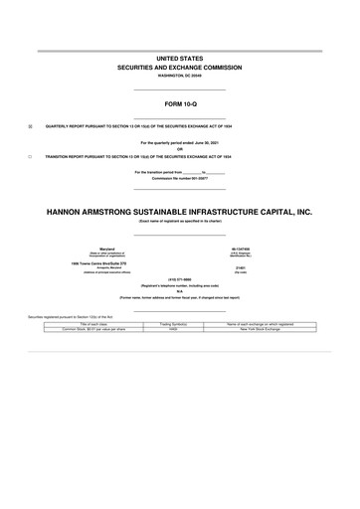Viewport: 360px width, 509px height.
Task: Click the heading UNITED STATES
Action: pyautogui.click(x=179, y=61)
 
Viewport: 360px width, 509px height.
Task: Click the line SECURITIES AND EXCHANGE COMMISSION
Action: pyautogui.click(x=179, y=70)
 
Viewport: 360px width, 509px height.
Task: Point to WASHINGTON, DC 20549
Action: pyautogui.click(x=179, y=78)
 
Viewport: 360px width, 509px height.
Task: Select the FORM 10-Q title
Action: pyautogui.click(x=179, y=102)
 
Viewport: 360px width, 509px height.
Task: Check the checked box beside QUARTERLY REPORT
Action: pyautogui.click(x=30, y=126)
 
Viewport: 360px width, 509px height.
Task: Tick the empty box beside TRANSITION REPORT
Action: pyautogui.click(x=30, y=157)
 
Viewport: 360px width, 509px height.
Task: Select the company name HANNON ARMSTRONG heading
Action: pyautogui.click(x=179, y=212)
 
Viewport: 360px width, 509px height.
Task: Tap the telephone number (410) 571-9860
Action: pyautogui.click(x=179, y=279)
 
